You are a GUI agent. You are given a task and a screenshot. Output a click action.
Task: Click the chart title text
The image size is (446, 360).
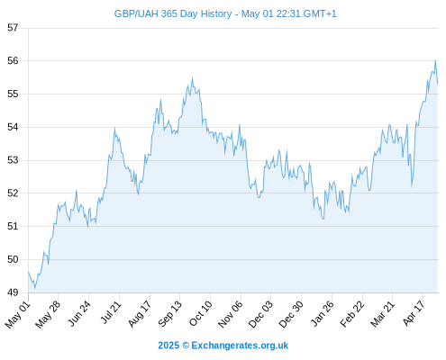click(225, 14)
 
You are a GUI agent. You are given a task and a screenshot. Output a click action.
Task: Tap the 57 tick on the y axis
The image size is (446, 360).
click(13, 28)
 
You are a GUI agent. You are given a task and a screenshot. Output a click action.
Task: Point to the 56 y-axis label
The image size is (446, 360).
click(13, 61)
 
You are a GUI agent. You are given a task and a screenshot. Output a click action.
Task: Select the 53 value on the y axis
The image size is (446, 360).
click(13, 160)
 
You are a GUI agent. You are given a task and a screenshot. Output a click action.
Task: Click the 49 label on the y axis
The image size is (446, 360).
click(13, 292)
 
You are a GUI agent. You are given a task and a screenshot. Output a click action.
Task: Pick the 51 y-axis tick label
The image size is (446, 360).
click(13, 226)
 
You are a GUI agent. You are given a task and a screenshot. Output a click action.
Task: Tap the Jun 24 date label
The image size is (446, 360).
click(78, 313)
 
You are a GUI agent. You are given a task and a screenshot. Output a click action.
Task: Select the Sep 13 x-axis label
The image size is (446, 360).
click(169, 313)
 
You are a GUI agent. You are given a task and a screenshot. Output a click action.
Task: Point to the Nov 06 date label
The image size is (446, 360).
click(230, 314)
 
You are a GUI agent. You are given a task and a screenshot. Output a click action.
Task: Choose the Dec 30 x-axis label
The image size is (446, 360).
click(291, 314)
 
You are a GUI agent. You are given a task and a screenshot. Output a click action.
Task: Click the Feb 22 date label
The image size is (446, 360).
click(352, 313)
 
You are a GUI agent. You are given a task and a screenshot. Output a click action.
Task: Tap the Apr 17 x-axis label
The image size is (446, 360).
click(414, 313)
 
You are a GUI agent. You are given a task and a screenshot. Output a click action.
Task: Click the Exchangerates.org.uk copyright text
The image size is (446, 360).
click(223, 346)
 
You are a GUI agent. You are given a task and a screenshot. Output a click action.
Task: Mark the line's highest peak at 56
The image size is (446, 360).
click(435, 60)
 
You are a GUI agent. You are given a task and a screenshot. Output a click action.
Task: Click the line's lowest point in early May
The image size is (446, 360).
click(35, 289)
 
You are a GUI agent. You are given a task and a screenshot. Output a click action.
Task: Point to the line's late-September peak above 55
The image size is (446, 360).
click(192, 77)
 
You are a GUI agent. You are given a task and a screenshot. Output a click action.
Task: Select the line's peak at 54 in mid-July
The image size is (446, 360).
click(114, 128)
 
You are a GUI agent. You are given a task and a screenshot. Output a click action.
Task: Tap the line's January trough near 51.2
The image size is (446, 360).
click(323, 219)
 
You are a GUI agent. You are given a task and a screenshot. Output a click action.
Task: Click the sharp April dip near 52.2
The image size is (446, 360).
click(412, 186)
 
